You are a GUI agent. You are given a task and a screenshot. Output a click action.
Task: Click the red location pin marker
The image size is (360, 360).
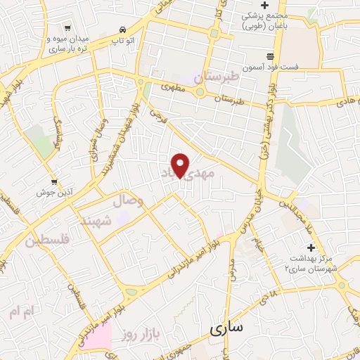click(181, 165)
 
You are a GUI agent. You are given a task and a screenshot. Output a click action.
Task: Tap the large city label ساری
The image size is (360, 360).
click(226, 328)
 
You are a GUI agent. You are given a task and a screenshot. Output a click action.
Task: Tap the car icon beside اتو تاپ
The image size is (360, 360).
click(124, 30)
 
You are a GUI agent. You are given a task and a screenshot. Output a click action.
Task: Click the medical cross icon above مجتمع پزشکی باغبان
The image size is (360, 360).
click(264, 6)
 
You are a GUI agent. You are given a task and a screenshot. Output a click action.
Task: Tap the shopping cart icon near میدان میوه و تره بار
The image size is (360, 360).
click(67, 28)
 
